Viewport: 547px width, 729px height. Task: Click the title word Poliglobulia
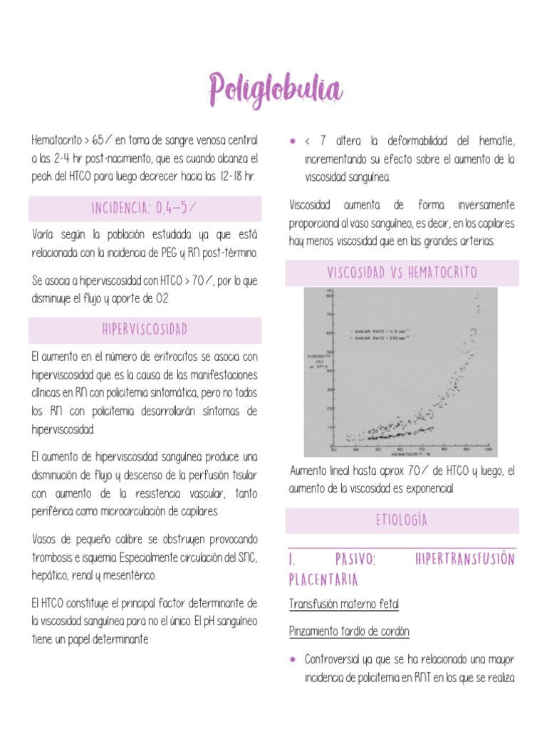tap(275, 91)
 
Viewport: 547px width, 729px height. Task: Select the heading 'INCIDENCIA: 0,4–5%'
tap(145, 209)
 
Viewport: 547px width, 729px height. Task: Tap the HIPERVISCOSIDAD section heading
tap(145, 330)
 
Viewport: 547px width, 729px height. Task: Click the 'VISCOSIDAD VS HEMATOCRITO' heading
tap(402, 273)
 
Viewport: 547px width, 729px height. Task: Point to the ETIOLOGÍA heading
tap(402, 521)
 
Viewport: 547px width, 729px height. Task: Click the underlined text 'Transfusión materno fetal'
tap(344, 604)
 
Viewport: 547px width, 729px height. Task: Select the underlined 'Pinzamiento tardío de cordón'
tap(349, 631)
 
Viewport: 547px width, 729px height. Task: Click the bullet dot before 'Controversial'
tap(293, 659)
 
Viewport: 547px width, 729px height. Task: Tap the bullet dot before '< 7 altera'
tap(293, 140)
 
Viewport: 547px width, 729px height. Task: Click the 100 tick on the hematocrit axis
tap(488, 450)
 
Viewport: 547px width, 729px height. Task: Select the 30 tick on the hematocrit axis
tap(333, 450)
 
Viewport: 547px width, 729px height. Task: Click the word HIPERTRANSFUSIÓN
tap(464, 560)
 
